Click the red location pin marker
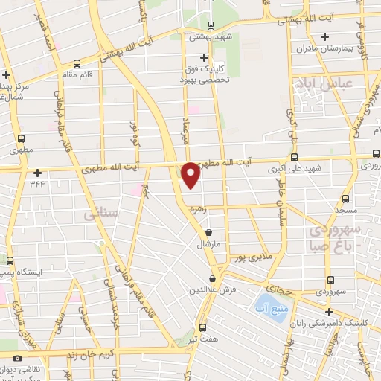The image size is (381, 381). click(x=190, y=174)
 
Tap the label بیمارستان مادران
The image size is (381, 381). click(x=323, y=48)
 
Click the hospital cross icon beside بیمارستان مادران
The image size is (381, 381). click(x=323, y=36)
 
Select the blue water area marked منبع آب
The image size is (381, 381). click(x=266, y=305)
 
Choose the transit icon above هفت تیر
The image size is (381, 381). click(x=203, y=326)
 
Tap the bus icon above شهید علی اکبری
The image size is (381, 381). click(x=294, y=156)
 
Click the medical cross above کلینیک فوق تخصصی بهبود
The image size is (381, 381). click(x=205, y=57)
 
